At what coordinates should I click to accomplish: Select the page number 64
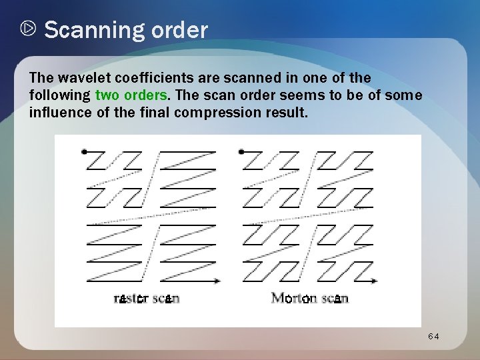pos(434,337)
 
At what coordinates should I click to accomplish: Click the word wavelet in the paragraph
pos(78,79)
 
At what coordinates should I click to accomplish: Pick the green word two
pos(109,95)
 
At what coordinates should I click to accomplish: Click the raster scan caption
pos(147,298)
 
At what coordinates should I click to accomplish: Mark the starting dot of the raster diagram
pos(83,152)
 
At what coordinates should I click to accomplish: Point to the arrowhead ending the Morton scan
pos(376,281)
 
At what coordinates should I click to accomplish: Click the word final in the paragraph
pos(155,112)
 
